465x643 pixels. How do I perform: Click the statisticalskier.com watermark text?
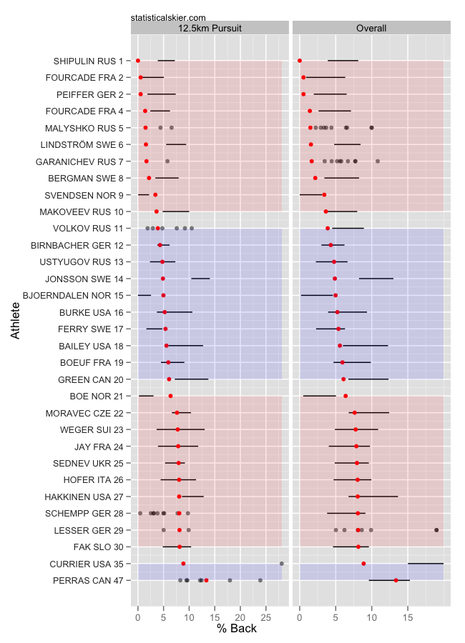point(169,17)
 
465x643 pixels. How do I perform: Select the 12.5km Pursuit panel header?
point(210,29)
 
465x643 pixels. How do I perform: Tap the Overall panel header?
point(371,29)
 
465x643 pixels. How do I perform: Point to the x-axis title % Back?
point(236,629)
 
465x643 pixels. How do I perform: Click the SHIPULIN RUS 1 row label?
point(88,61)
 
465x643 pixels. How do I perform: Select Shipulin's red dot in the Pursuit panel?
point(138,61)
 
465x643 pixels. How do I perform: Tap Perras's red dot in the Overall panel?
point(396,580)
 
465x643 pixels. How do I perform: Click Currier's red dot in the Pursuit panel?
point(183,564)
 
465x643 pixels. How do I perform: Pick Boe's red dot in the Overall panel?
point(346,396)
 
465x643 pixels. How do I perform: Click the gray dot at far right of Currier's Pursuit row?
point(281,564)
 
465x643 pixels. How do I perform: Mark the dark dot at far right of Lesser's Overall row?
point(436,529)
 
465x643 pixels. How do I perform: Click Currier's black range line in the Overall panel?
point(425,564)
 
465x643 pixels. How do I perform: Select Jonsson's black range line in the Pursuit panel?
point(200,279)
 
